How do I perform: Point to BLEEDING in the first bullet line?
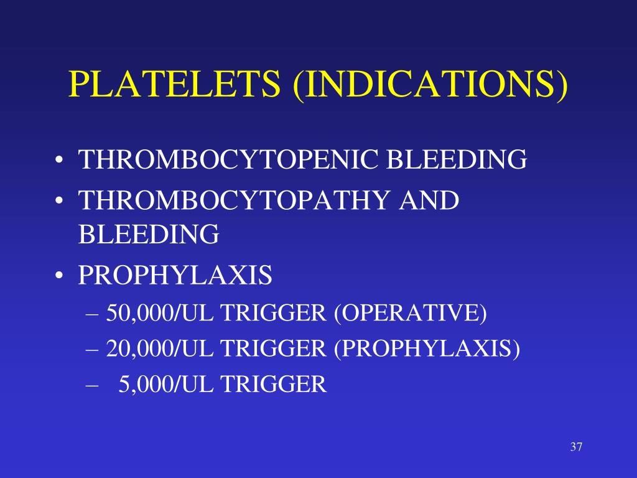457,160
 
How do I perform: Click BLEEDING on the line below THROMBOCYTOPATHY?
149,235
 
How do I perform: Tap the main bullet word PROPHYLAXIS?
175,275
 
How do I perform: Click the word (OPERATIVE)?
411,313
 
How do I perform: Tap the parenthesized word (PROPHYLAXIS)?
427,349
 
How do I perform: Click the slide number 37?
575,447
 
